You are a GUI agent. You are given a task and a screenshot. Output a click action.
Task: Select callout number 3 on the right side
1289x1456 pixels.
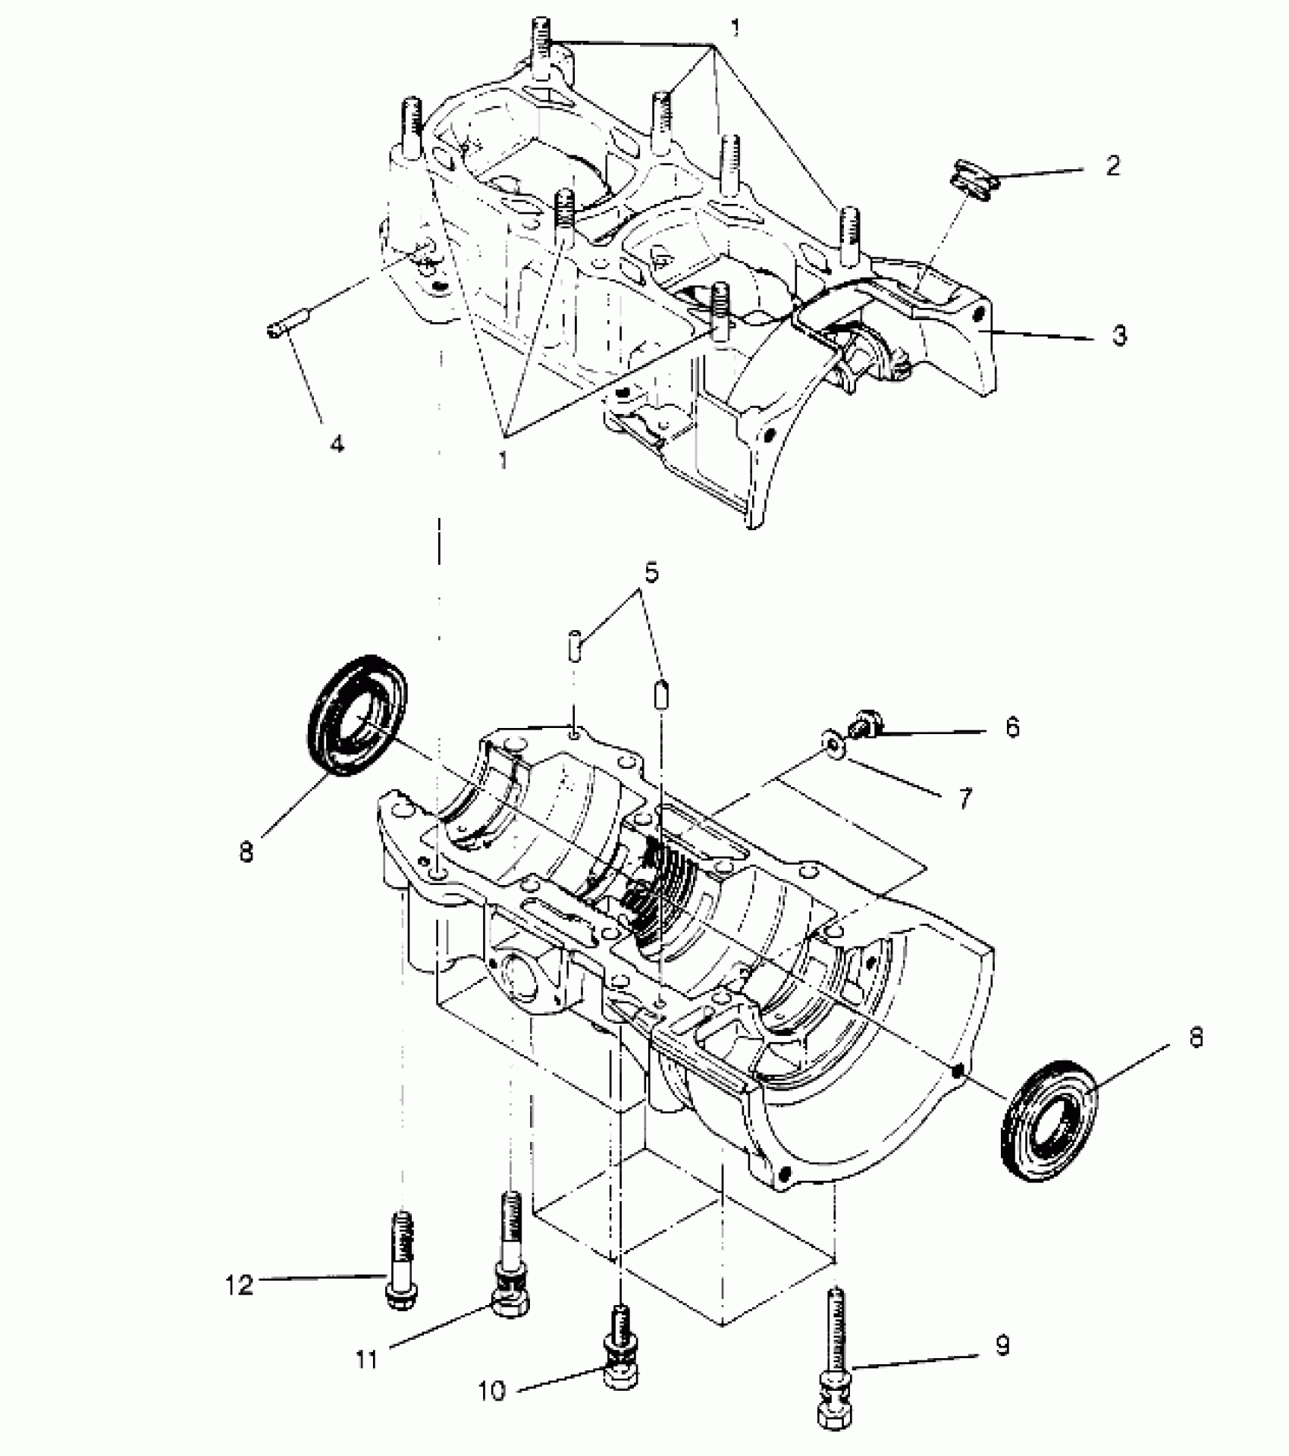tap(1119, 334)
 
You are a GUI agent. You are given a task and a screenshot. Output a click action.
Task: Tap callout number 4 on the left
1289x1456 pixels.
tap(337, 443)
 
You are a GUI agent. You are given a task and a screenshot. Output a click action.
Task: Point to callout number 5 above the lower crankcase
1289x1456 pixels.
tap(651, 572)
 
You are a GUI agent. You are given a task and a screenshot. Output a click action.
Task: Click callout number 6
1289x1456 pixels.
tap(1012, 727)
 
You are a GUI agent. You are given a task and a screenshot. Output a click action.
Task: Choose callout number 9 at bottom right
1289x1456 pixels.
tap(1002, 1346)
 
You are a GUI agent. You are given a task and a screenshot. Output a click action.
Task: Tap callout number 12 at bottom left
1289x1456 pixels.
tap(240, 1285)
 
